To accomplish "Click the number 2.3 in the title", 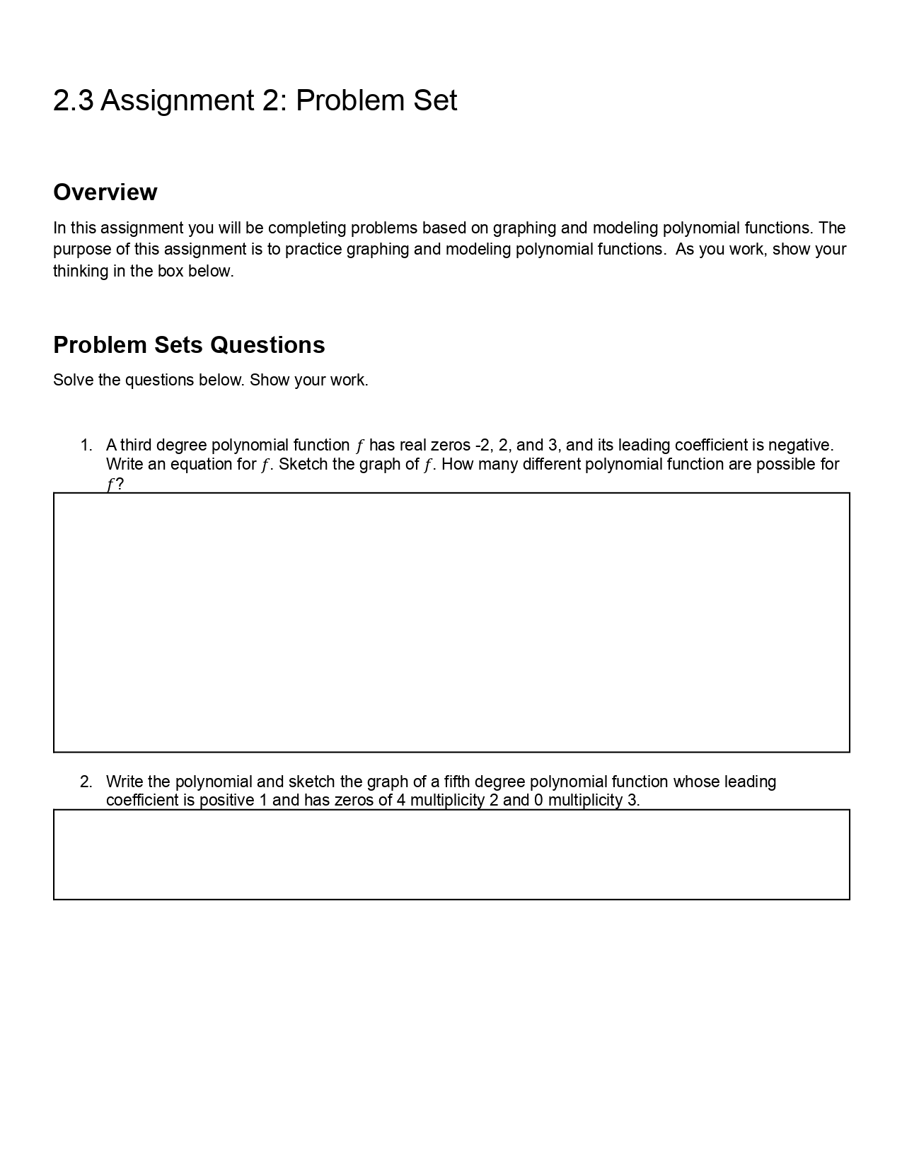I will [x=73, y=100].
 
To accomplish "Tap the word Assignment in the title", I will [x=175, y=100].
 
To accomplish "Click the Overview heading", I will [x=105, y=192].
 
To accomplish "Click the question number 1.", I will [x=86, y=446].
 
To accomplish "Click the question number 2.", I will [x=86, y=782].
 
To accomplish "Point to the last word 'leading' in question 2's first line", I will [x=749, y=782].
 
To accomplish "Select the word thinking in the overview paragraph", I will [x=80, y=272].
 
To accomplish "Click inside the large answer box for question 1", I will [x=451, y=622].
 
